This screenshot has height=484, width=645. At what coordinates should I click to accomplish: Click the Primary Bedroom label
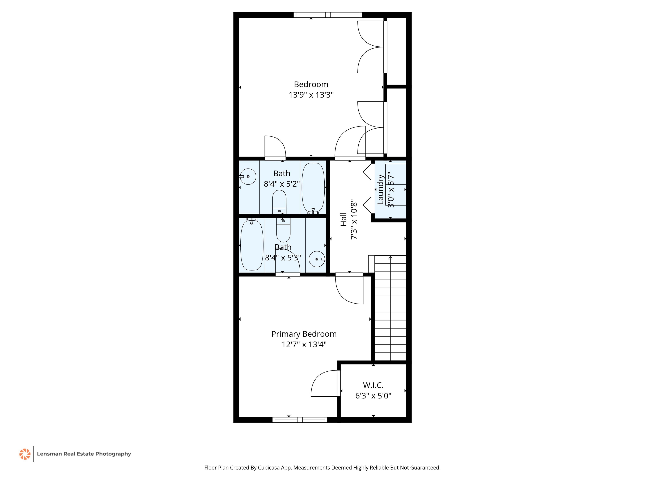(304, 334)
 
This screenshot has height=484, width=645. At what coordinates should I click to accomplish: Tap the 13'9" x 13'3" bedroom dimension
(311, 95)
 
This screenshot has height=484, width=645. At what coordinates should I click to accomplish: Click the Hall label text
(343, 219)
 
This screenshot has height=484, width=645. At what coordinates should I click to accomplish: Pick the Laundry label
(380, 189)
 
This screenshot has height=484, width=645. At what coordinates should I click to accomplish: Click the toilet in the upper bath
(279, 202)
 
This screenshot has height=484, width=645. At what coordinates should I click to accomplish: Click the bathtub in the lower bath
(252, 245)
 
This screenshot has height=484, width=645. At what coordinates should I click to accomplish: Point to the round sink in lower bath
(317, 259)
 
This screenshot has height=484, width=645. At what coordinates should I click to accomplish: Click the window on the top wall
(328, 15)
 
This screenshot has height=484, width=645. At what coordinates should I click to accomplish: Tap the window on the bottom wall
(300, 420)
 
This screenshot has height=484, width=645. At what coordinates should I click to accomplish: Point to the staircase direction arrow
(391, 257)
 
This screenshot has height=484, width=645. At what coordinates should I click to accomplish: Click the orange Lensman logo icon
(25, 454)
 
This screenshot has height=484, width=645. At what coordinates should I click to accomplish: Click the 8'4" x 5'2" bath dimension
(282, 184)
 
